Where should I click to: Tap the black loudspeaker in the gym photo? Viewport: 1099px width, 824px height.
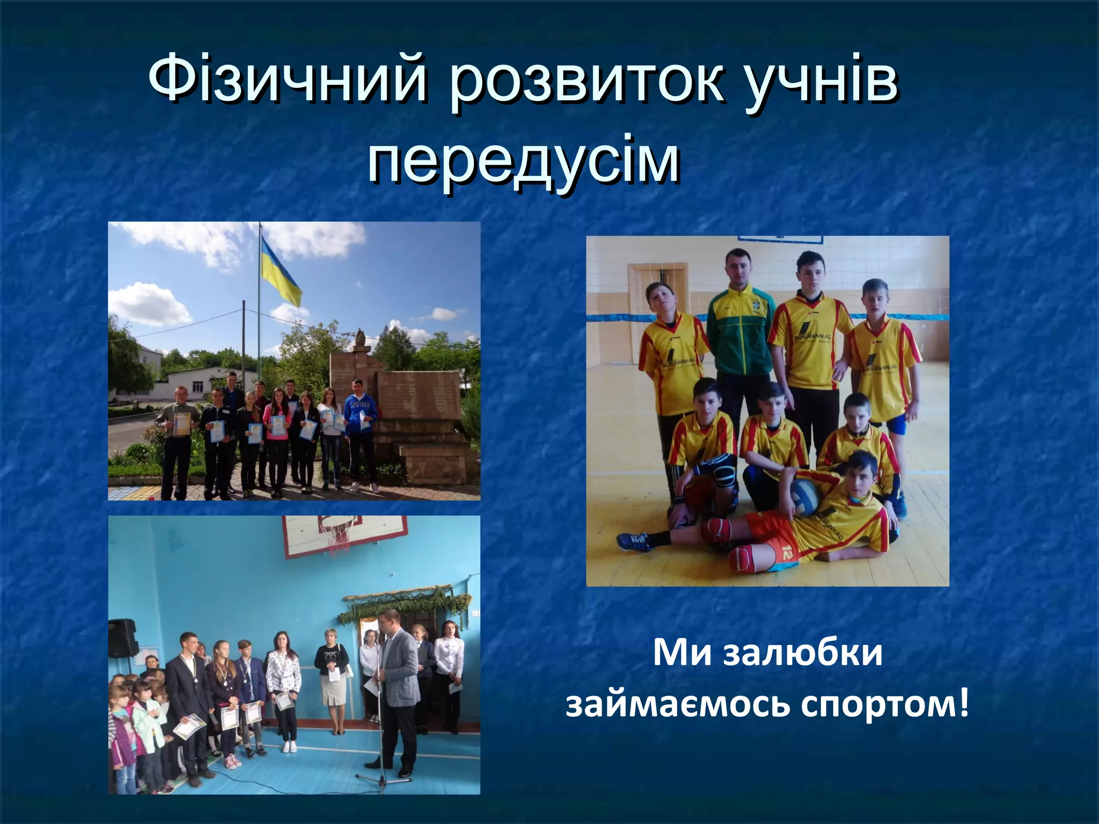(x=122, y=638)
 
